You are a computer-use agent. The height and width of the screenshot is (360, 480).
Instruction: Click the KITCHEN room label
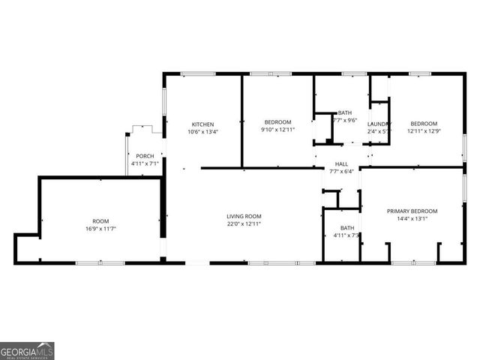[203, 124]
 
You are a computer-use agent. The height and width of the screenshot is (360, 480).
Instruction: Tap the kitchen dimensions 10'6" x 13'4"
[203, 132]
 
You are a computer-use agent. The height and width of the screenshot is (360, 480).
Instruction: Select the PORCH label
[145, 156]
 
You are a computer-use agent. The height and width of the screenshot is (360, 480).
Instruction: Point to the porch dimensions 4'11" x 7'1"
[145, 163]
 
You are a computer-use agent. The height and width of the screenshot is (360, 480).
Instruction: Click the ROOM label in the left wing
[100, 220]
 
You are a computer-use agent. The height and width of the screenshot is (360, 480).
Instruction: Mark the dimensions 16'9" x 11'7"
[100, 228]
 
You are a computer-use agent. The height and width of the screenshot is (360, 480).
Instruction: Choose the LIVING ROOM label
[244, 216]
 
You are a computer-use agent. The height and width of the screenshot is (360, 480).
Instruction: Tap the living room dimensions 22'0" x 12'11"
[244, 223]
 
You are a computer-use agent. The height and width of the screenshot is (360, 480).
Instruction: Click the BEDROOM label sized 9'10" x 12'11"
[277, 121]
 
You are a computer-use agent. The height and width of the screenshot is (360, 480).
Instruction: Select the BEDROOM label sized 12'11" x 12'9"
[423, 123]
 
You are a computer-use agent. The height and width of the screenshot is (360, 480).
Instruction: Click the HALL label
[341, 163]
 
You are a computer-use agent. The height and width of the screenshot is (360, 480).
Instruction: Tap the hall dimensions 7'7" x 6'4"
[341, 171]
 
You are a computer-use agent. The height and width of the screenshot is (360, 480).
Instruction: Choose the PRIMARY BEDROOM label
[412, 211]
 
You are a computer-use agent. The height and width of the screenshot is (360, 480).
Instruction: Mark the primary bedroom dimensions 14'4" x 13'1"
[412, 219]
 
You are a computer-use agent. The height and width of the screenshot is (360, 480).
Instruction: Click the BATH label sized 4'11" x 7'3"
[347, 228]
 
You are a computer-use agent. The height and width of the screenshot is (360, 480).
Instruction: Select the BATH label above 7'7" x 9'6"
[344, 112]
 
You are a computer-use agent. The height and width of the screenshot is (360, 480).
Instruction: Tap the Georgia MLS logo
[27, 351]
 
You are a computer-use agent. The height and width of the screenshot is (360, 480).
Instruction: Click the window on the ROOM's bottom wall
[100, 262]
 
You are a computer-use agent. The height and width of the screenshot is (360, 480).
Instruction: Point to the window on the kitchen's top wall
[198, 73]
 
